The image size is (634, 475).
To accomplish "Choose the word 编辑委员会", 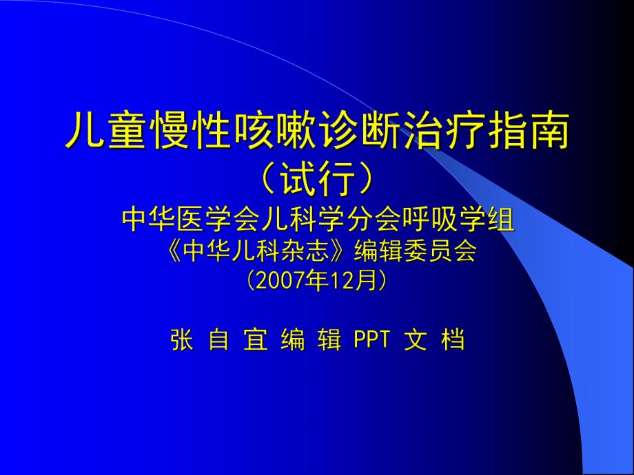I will (x=415, y=253).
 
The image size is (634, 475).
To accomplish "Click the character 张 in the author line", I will (x=182, y=340).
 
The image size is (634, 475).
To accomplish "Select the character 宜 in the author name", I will (x=256, y=340).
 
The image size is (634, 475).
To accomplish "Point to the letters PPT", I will (x=372, y=340).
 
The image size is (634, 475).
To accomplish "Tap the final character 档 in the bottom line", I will (x=453, y=340).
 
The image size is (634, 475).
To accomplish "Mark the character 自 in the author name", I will (x=218, y=340).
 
